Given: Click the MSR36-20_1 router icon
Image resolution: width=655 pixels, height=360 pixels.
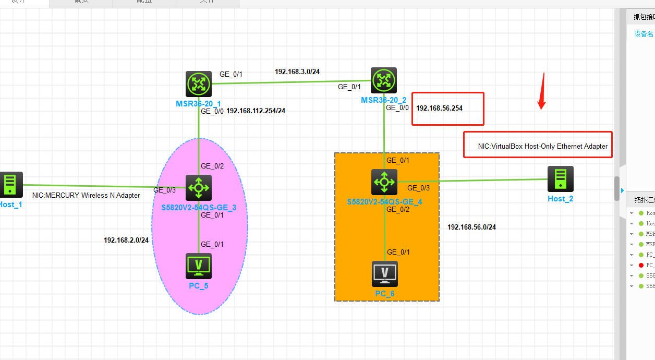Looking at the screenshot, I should pyautogui.click(x=199, y=84).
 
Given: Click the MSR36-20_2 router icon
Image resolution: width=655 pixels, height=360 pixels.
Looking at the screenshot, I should pyautogui.click(x=384, y=80).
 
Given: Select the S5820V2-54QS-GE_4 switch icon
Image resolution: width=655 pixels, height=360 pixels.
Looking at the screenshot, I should pyautogui.click(x=384, y=182).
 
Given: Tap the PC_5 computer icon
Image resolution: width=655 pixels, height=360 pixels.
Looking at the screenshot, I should pyautogui.click(x=199, y=266).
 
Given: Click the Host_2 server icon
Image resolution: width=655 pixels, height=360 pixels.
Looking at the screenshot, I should pyautogui.click(x=561, y=179).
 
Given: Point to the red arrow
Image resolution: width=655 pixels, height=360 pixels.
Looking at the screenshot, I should pyautogui.click(x=542, y=92).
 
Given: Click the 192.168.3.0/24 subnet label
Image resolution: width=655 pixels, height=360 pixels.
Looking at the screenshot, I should pyautogui.click(x=297, y=71).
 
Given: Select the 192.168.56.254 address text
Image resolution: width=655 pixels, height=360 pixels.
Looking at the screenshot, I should pyautogui.click(x=439, y=109).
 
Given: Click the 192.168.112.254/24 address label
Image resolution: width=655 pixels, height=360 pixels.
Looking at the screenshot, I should pyautogui.click(x=256, y=111).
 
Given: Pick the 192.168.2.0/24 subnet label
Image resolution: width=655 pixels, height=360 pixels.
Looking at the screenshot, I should pyautogui.click(x=126, y=241).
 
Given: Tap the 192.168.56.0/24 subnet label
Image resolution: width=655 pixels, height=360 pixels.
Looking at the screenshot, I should pyautogui.click(x=471, y=227).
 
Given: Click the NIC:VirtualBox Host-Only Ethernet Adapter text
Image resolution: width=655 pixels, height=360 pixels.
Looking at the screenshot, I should pyautogui.click(x=543, y=147).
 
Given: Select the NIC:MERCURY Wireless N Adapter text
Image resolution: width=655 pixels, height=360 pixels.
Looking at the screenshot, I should pyautogui.click(x=86, y=196).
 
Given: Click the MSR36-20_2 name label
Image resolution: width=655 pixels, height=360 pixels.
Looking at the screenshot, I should pyautogui.click(x=383, y=100).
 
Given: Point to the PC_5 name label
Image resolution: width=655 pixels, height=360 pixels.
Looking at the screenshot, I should pyautogui.click(x=199, y=285).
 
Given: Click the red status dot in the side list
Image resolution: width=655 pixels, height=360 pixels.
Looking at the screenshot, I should pyautogui.click(x=641, y=265).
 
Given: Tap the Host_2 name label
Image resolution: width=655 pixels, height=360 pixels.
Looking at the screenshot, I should pyautogui.click(x=560, y=199).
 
